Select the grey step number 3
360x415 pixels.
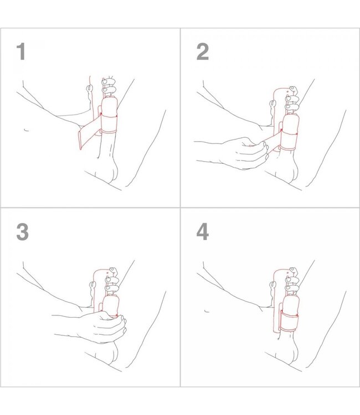pyautogui.click(x=22, y=231)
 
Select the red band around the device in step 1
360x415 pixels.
pyautogui.click(x=109, y=125)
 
